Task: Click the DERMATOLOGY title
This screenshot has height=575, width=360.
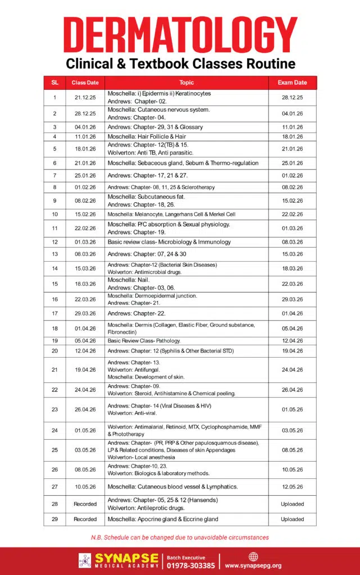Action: click(180, 35)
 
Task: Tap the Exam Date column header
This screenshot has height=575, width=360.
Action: click(292, 83)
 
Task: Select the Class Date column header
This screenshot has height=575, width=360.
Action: click(85, 83)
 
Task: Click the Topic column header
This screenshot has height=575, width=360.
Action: click(186, 83)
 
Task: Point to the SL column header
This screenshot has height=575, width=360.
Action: click(54, 83)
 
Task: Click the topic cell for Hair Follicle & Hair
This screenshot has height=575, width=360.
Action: click(147, 136)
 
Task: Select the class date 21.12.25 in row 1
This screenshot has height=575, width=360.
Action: click(85, 97)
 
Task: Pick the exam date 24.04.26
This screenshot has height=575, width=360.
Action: click(292, 369)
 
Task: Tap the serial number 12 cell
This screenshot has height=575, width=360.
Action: click(54, 242)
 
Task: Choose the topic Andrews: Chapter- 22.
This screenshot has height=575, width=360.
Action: click(136, 313)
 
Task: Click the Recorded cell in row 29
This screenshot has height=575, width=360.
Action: click(85, 519)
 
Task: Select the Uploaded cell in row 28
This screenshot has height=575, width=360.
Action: click(292, 504)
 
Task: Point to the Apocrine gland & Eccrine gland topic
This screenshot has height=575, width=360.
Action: click(163, 519)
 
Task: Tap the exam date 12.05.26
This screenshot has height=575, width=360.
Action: click(292, 486)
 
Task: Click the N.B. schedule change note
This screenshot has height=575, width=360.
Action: click(180, 537)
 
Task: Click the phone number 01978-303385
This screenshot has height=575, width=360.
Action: click(191, 565)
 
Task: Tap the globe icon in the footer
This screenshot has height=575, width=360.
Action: click(253, 556)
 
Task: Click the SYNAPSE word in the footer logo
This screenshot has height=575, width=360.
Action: click(126, 558)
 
